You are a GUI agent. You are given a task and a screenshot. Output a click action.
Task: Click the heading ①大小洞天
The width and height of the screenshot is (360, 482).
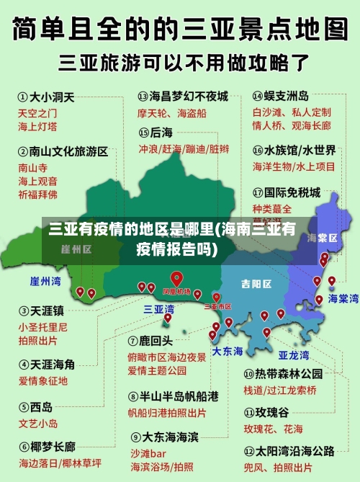click(45, 96)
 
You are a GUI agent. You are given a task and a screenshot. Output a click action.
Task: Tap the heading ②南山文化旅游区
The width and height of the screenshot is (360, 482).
click(63, 152)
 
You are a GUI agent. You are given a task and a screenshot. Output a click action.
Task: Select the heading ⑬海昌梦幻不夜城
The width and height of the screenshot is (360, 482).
click(182, 96)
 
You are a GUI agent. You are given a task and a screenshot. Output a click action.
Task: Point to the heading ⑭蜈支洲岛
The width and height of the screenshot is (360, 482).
click(281, 96)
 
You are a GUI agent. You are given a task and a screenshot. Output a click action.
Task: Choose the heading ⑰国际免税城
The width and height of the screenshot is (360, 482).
click(286, 192)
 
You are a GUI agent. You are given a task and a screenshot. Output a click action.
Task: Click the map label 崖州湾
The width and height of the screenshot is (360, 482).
click(45, 280)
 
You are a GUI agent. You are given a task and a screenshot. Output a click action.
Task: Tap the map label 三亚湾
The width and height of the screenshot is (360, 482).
click(158, 309)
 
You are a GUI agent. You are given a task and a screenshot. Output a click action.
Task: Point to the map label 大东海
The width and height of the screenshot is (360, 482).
click(228, 351)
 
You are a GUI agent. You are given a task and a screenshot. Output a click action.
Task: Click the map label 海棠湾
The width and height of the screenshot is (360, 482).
click(343, 298)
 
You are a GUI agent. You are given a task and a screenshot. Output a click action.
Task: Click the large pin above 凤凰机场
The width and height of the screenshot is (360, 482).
click(176, 278)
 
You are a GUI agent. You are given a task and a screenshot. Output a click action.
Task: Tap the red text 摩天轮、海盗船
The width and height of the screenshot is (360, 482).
click(171, 113)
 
